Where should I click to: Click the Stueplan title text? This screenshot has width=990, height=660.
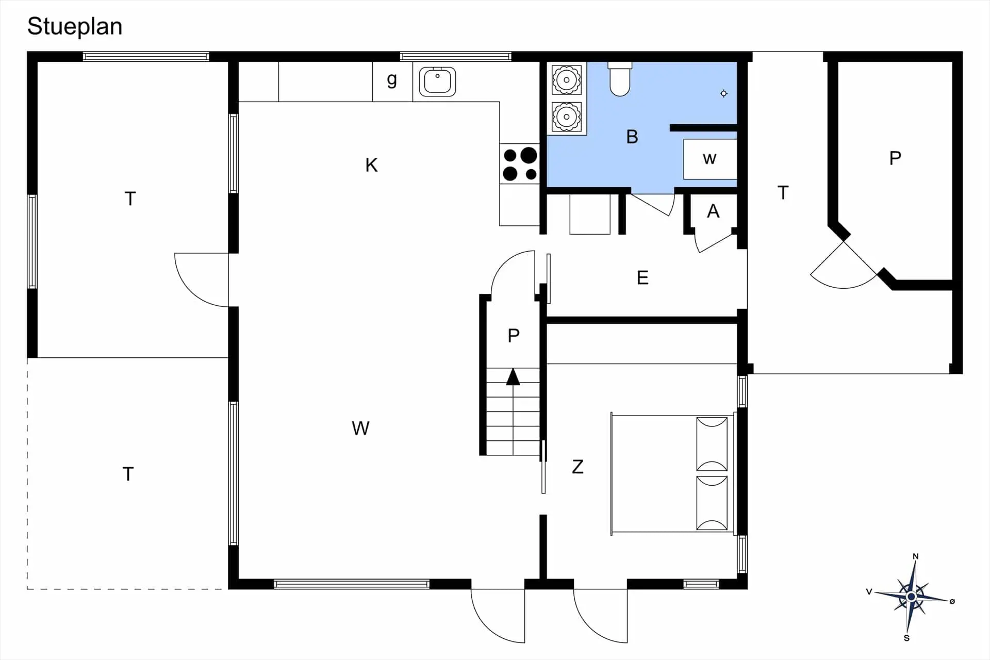[x=75, y=27]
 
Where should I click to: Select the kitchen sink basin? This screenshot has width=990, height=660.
[x=437, y=81]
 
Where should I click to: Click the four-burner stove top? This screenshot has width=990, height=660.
[x=520, y=163]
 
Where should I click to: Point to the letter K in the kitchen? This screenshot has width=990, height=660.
[x=371, y=165]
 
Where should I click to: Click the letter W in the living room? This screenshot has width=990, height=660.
[x=360, y=428]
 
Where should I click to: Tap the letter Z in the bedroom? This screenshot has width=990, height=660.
[x=577, y=467]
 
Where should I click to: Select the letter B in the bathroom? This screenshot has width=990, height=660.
[x=632, y=137]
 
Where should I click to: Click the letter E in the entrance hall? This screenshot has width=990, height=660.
[x=642, y=278]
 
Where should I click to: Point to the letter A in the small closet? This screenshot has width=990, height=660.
[x=713, y=211]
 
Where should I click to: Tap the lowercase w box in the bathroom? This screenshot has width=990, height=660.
[x=710, y=159]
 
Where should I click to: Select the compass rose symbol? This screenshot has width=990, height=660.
[x=911, y=597]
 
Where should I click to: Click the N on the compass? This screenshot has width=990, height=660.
[x=916, y=556]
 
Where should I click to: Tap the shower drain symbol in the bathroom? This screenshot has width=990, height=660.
[x=724, y=93]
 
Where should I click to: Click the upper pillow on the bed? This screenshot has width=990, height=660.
[x=712, y=444]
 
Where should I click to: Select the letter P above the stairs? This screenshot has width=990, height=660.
[x=514, y=336]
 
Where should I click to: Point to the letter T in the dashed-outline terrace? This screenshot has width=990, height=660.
[x=128, y=474]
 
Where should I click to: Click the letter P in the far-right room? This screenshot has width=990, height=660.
[x=895, y=158]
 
